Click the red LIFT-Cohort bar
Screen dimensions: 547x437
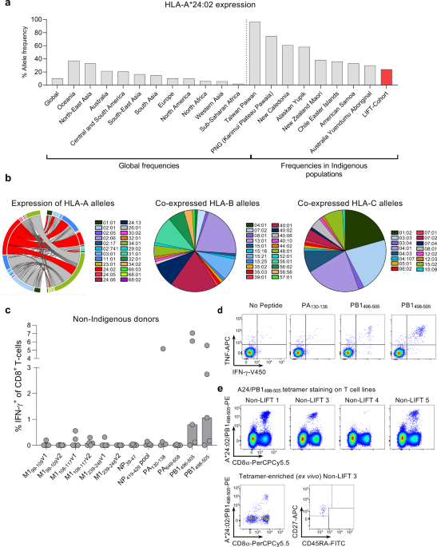(x=387, y=77)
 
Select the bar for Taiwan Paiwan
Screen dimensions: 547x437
(x=255, y=53)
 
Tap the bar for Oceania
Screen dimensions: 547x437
(x=73, y=73)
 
